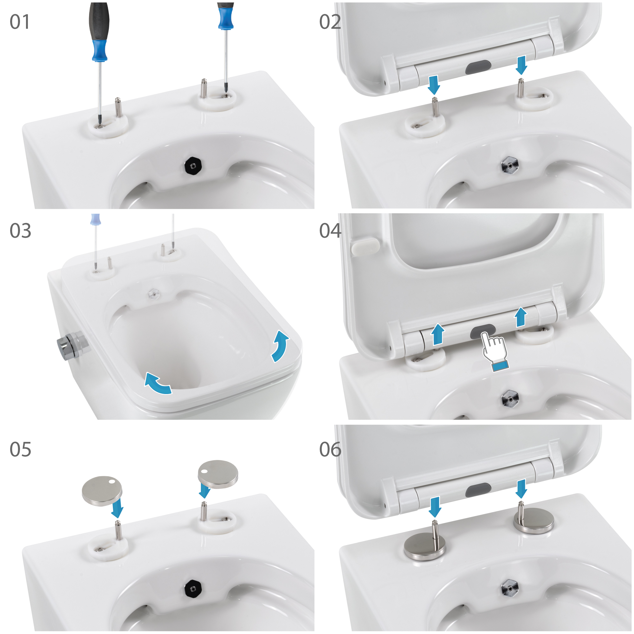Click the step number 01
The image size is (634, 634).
(x=20, y=22)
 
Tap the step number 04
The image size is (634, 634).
(x=330, y=231)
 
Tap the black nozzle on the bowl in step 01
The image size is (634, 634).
(x=193, y=166)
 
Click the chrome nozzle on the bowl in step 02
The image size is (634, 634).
(x=510, y=165)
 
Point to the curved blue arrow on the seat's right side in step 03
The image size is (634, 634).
(x=280, y=346)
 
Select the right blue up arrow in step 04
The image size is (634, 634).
(x=521, y=317)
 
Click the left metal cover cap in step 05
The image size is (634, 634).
(x=102, y=491)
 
